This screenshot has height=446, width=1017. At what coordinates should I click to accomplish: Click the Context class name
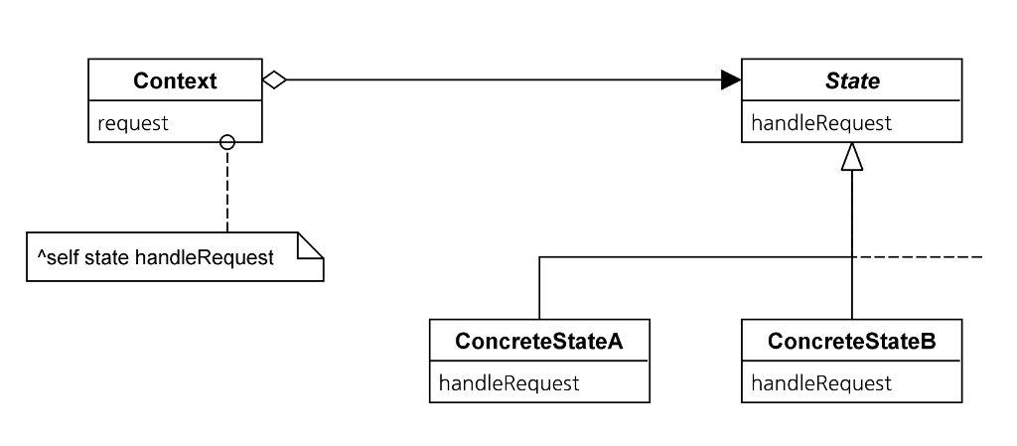coord(175,81)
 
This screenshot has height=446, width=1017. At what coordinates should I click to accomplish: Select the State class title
coord(852,81)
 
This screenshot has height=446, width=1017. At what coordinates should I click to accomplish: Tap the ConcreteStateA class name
coord(539,341)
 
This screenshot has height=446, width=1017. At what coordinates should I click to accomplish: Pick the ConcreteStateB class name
coord(852,341)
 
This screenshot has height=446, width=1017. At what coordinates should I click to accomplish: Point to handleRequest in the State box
coord(807,123)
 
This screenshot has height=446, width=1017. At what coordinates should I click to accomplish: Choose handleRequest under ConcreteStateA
coord(508,383)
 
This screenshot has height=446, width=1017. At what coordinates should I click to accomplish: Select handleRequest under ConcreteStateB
coord(821,383)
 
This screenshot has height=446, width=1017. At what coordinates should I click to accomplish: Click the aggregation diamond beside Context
coord(274,80)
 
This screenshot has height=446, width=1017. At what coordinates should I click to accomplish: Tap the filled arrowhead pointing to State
coord(730,80)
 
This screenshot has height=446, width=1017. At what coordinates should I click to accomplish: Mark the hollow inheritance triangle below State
coord(852,157)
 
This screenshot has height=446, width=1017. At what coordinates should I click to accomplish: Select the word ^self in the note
coord(58,258)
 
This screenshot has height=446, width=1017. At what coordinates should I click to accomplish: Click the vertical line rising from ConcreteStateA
coord(539,288)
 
